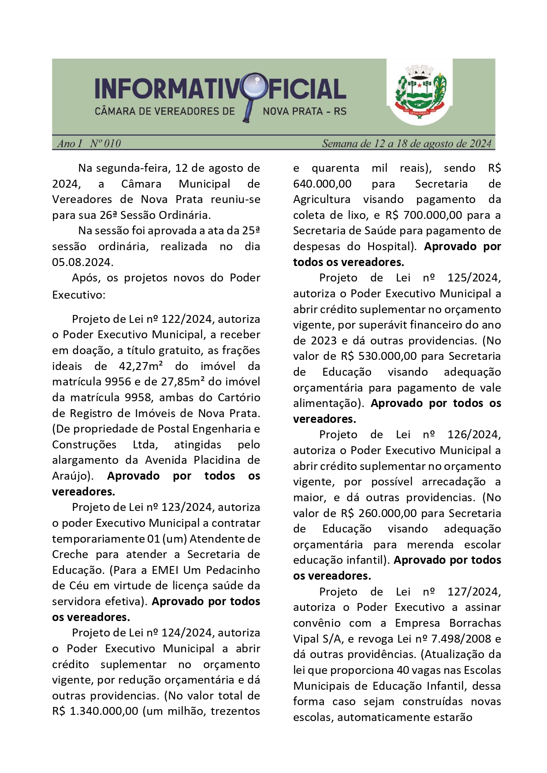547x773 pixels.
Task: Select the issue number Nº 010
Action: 105,144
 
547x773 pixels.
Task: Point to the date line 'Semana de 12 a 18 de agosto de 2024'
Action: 406,144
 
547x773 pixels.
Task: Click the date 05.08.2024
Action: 82,262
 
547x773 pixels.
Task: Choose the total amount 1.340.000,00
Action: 104,711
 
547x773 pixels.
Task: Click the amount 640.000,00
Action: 322,184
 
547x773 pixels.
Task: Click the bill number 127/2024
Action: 474,592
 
